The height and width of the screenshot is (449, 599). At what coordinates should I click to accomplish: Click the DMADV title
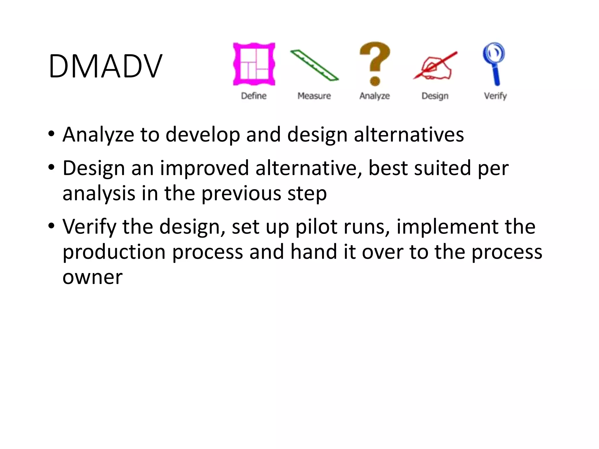click(x=105, y=66)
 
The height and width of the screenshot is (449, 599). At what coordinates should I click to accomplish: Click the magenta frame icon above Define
click(x=254, y=64)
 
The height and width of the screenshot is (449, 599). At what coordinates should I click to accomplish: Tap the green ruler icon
click(x=314, y=65)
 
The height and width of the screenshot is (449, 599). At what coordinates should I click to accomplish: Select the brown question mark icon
click(x=375, y=64)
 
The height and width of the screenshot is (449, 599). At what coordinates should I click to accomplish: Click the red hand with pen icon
click(x=435, y=66)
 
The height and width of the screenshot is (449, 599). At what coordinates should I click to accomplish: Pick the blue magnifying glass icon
click(x=494, y=63)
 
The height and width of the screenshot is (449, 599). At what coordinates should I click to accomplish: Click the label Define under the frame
click(x=254, y=96)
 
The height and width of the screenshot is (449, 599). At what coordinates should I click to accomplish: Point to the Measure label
click(x=314, y=96)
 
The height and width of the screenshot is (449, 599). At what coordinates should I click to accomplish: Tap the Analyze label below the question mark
click(x=375, y=96)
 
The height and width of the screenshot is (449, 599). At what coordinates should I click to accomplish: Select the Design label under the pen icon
click(x=435, y=96)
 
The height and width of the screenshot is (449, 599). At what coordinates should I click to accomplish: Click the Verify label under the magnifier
click(x=495, y=96)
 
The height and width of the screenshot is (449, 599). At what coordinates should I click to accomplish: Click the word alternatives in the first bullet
click(x=409, y=135)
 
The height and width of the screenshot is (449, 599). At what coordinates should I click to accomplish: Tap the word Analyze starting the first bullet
click(x=98, y=135)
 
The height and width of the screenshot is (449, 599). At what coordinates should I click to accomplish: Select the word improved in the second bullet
click(x=204, y=168)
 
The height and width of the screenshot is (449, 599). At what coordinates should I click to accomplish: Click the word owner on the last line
click(x=92, y=277)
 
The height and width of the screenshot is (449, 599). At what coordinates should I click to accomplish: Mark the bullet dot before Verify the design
click(x=51, y=226)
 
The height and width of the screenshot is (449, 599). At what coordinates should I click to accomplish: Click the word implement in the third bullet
click(x=447, y=227)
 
